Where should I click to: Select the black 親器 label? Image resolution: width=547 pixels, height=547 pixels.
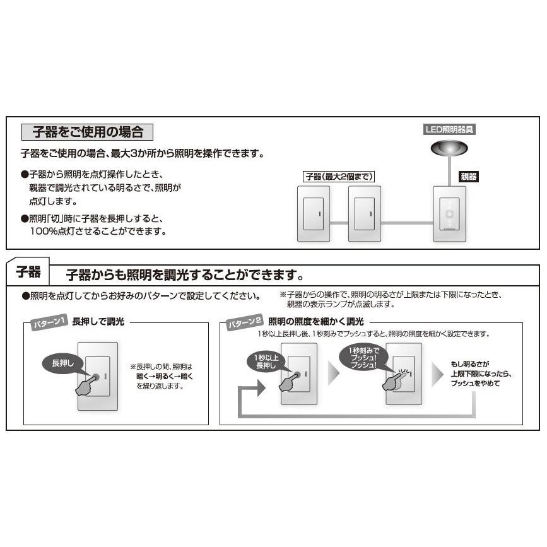(468, 177)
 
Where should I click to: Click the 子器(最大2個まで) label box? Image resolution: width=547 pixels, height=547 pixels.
(339, 177)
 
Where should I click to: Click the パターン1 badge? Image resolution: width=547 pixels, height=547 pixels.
(49, 323)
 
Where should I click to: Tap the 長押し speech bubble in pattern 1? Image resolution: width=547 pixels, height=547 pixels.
(62, 363)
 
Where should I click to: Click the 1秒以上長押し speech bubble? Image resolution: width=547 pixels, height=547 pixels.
(261, 360)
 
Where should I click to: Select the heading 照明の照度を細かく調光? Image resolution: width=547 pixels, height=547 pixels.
(316, 321)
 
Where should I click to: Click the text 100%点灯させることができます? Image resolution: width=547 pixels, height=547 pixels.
(98, 231)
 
